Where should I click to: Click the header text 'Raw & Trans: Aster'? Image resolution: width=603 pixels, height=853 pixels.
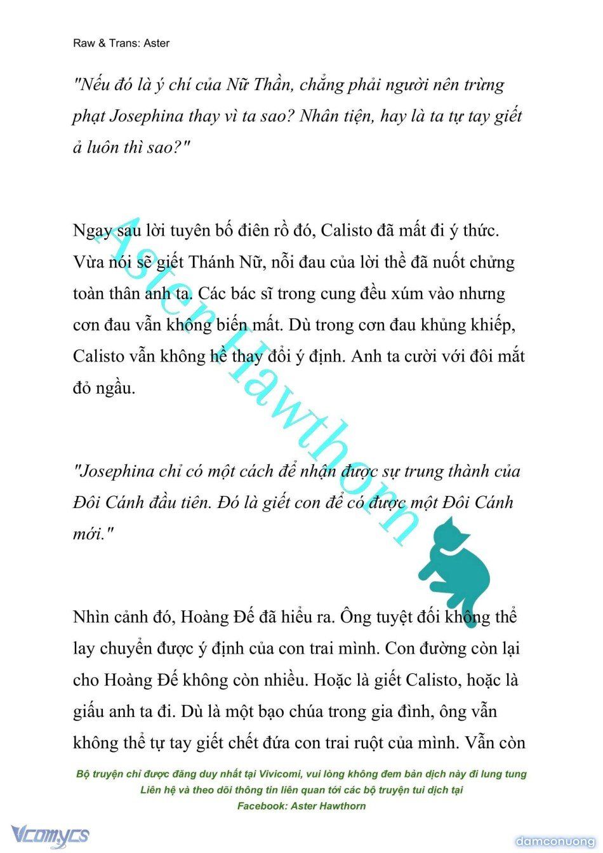click(x=121, y=43)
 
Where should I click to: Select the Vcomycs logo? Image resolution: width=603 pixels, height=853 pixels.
click(x=50, y=835)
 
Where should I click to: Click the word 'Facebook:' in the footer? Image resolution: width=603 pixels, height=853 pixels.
click(x=262, y=806)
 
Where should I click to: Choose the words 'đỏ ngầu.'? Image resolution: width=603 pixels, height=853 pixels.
click(x=104, y=388)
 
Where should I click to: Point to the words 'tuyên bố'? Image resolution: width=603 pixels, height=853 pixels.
click(x=202, y=231)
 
